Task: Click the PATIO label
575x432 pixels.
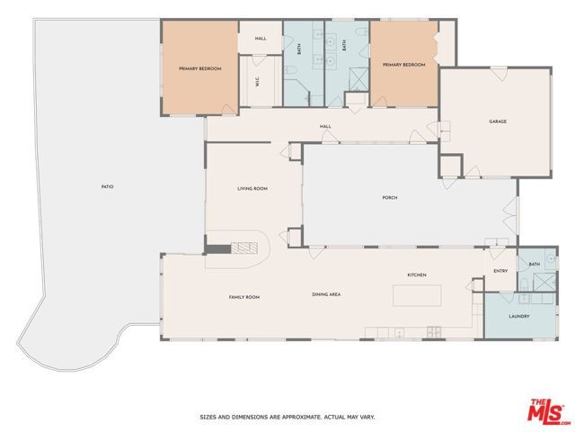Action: (x=107, y=186)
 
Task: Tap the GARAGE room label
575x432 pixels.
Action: (x=499, y=121)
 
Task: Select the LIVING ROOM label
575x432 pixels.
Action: (x=252, y=189)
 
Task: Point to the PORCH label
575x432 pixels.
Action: (x=389, y=198)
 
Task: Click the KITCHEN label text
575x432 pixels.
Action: (x=416, y=274)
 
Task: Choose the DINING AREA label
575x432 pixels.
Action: (x=326, y=295)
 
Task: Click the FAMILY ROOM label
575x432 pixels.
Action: (x=244, y=297)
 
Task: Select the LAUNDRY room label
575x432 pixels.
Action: (x=518, y=316)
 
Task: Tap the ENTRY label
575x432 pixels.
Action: (x=500, y=271)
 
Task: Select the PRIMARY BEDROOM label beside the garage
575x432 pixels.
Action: (x=403, y=65)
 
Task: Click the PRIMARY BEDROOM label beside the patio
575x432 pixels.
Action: (x=199, y=68)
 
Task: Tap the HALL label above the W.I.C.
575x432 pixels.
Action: (x=261, y=39)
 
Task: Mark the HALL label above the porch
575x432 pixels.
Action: (x=326, y=127)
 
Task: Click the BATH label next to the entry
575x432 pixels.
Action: (x=534, y=264)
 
